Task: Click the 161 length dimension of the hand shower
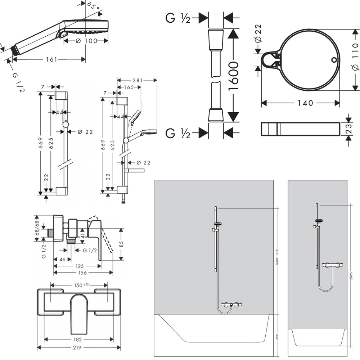coord(51,59)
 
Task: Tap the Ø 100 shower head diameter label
coord(86,41)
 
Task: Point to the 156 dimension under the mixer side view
coord(82,273)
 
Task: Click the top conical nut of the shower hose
coord(216,40)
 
